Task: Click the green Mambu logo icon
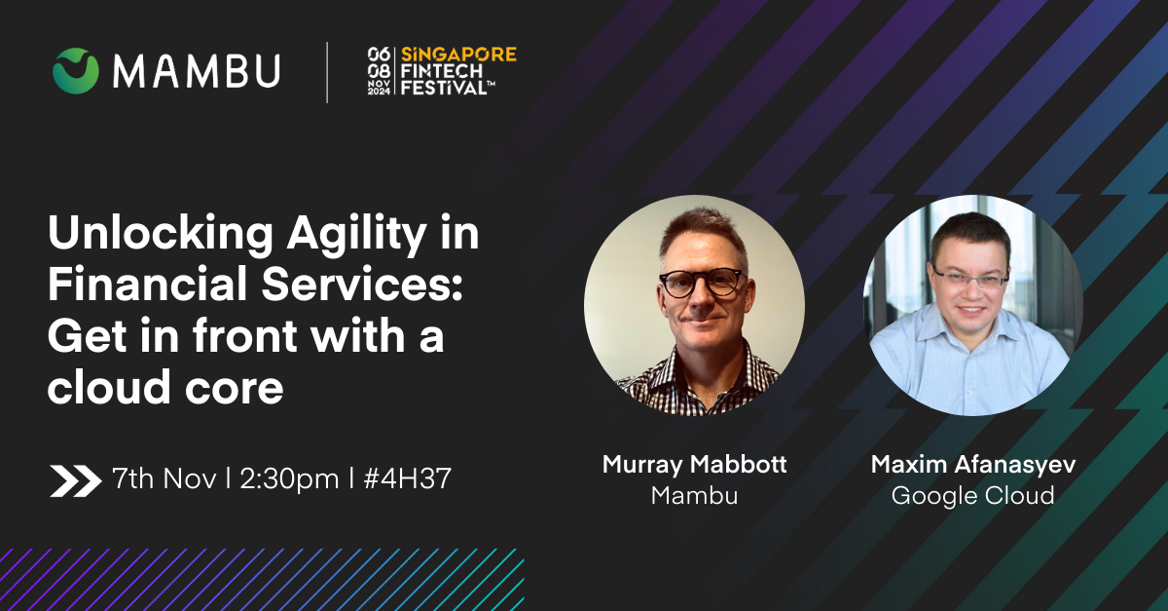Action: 76,70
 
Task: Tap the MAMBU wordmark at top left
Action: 197,71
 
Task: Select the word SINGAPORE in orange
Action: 458,55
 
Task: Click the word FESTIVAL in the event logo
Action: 444,87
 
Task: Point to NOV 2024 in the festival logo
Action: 379,87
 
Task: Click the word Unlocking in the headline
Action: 161,233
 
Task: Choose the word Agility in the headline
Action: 356,233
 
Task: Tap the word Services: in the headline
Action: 362,284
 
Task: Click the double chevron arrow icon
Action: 76,480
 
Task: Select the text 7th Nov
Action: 164,478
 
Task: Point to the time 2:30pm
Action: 289,479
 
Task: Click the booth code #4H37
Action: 407,478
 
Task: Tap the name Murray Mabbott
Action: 695,464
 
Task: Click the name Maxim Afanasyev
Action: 973,464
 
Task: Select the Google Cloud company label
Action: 973,496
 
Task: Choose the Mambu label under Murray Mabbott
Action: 695,495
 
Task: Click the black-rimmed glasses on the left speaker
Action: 702,283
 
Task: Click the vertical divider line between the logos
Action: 327,72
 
